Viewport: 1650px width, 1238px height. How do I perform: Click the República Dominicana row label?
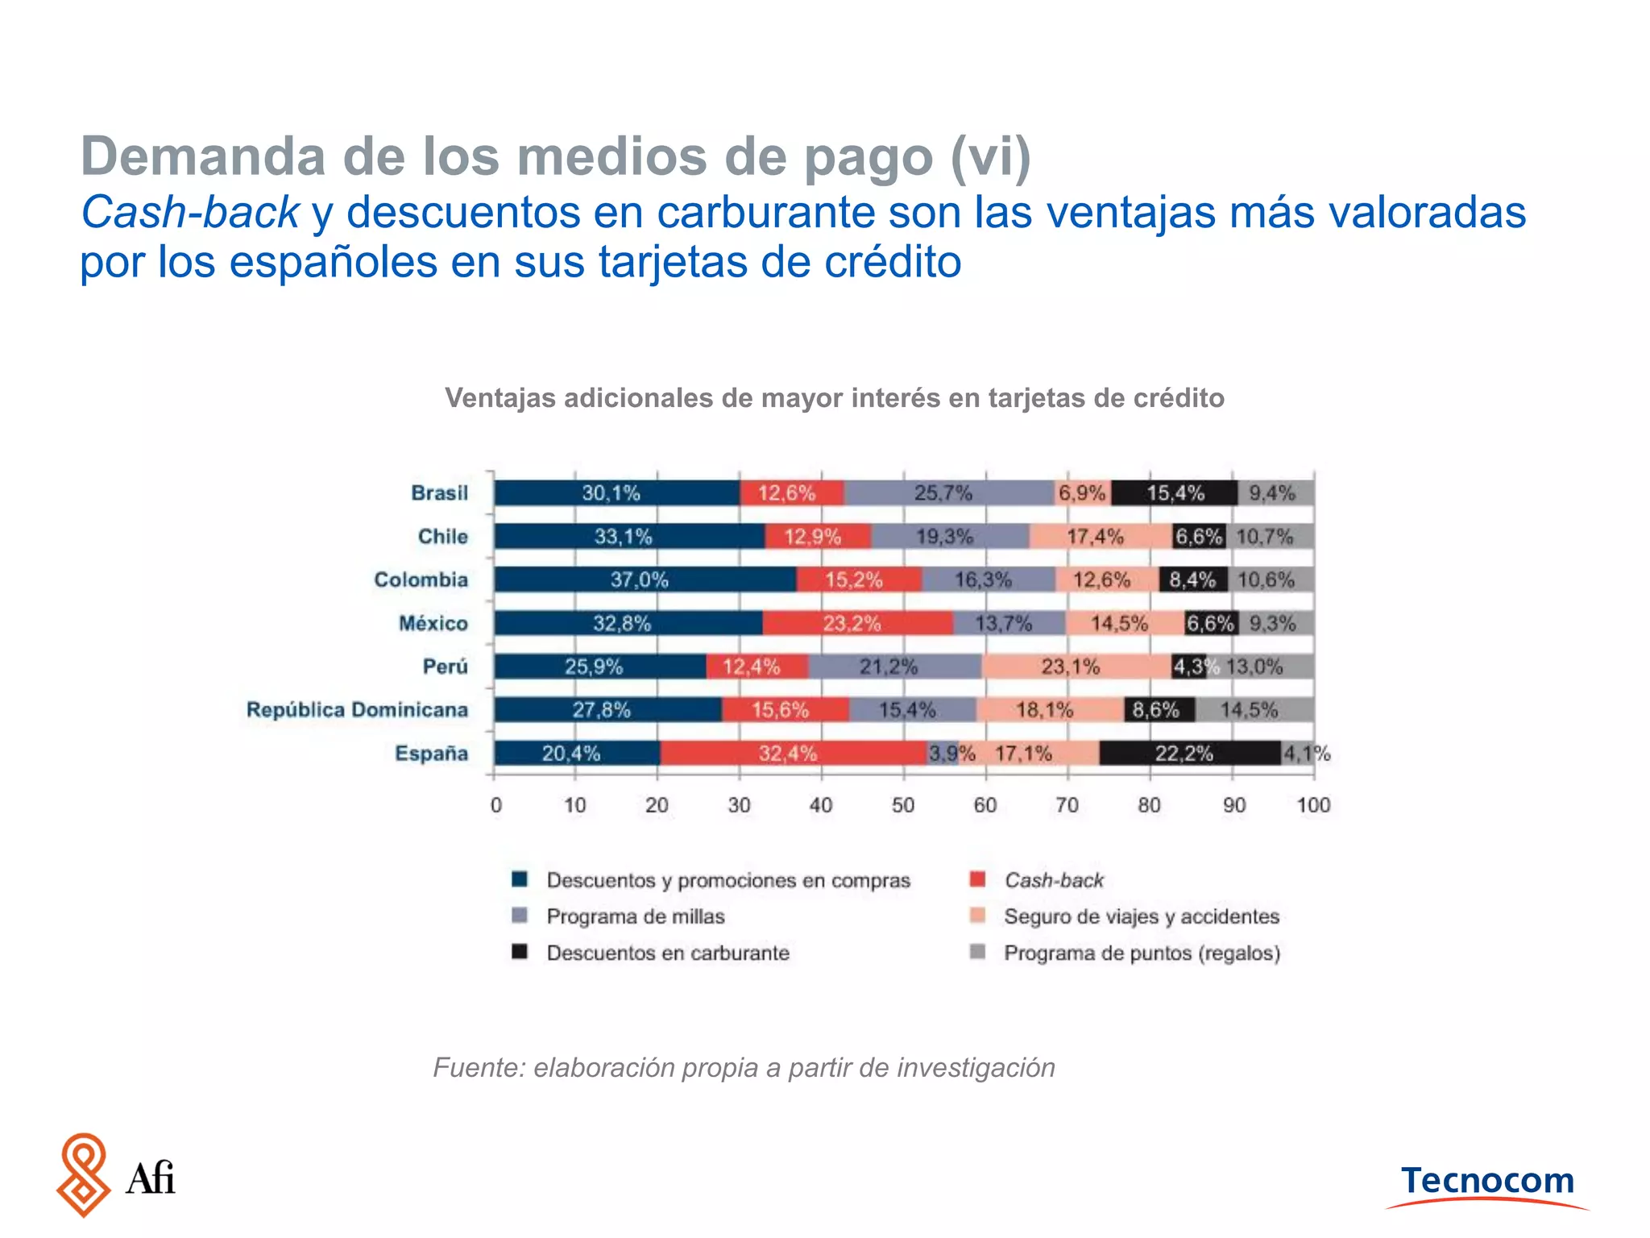357,710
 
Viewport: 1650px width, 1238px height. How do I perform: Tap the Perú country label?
445,667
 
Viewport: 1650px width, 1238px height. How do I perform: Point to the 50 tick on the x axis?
903,805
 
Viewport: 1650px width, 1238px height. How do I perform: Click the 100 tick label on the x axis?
1312,805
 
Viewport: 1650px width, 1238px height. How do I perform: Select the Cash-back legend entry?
1053,880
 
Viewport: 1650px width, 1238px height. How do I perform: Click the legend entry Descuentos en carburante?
667,953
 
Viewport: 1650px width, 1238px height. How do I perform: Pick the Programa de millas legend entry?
635,916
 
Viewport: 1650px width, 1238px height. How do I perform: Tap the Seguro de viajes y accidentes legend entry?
1141,916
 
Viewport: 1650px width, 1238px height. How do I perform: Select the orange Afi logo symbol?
84,1174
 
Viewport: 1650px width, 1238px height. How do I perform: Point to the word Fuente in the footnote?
479,1068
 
